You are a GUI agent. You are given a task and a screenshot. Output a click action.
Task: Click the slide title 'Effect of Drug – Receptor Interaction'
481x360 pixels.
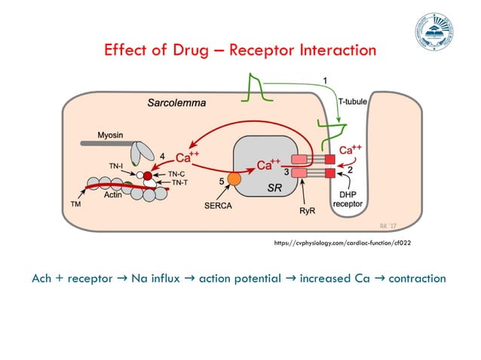point(240,50)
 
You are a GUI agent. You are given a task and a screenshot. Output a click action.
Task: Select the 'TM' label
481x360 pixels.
point(75,203)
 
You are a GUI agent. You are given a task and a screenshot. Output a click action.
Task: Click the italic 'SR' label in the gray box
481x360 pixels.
point(276,190)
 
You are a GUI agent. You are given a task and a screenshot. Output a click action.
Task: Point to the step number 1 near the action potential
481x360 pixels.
point(325,79)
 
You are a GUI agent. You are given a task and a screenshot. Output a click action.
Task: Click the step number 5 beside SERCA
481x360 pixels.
point(221,182)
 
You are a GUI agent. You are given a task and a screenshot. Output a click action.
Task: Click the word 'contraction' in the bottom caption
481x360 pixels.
point(412,278)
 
